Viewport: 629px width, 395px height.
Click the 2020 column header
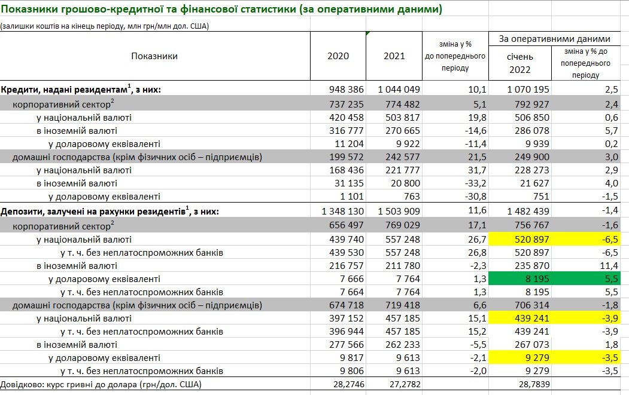coord(338,56)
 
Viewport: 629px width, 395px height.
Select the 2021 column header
coord(394,56)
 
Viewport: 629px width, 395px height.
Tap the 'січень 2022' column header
coord(519,63)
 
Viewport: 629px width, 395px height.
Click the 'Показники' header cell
coord(154,56)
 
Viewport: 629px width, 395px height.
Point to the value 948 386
coord(347,89)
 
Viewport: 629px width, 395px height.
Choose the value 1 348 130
coord(343,212)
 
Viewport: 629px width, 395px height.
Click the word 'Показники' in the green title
coord(30,10)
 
